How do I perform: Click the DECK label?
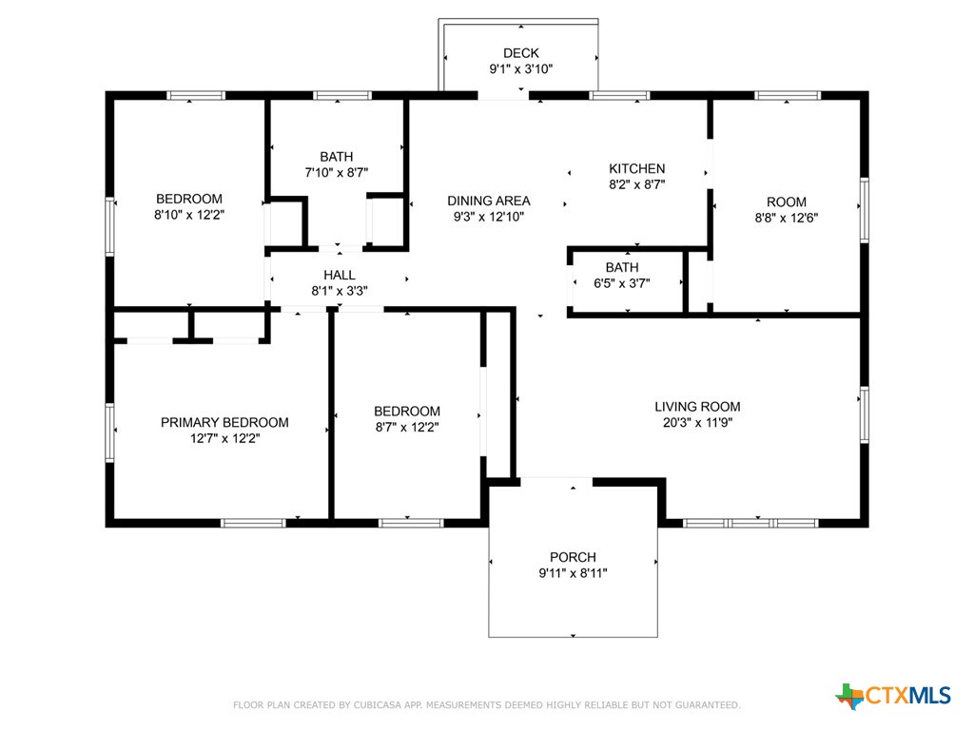[x=520, y=53]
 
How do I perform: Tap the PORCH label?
[x=573, y=557]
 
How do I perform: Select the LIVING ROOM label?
[x=697, y=407]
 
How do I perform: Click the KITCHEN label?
[x=636, y=169]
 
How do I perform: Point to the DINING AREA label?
[x=489, y=202]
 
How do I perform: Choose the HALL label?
[x=340, y=275]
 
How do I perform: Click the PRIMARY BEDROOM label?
[x=224, y=423]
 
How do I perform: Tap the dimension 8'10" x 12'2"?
[x=189, y=215]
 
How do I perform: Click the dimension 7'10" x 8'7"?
[x=336, y=173]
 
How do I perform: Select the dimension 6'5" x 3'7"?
[x=622, y=283]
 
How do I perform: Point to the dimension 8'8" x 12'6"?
[x=787, y=218]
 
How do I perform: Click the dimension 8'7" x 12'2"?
[x=407, y=427]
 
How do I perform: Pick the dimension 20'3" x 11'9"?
[x=697, y=423]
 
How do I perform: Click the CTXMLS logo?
[x=893, y=696]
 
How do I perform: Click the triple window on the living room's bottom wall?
[x=750, y=524]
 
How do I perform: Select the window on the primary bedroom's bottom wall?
[x=253, y=524]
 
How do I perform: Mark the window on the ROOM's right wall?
[x=864, y=210]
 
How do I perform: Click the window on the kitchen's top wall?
[x=618, y=96]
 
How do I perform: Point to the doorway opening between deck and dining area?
[x=503, y=96]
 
